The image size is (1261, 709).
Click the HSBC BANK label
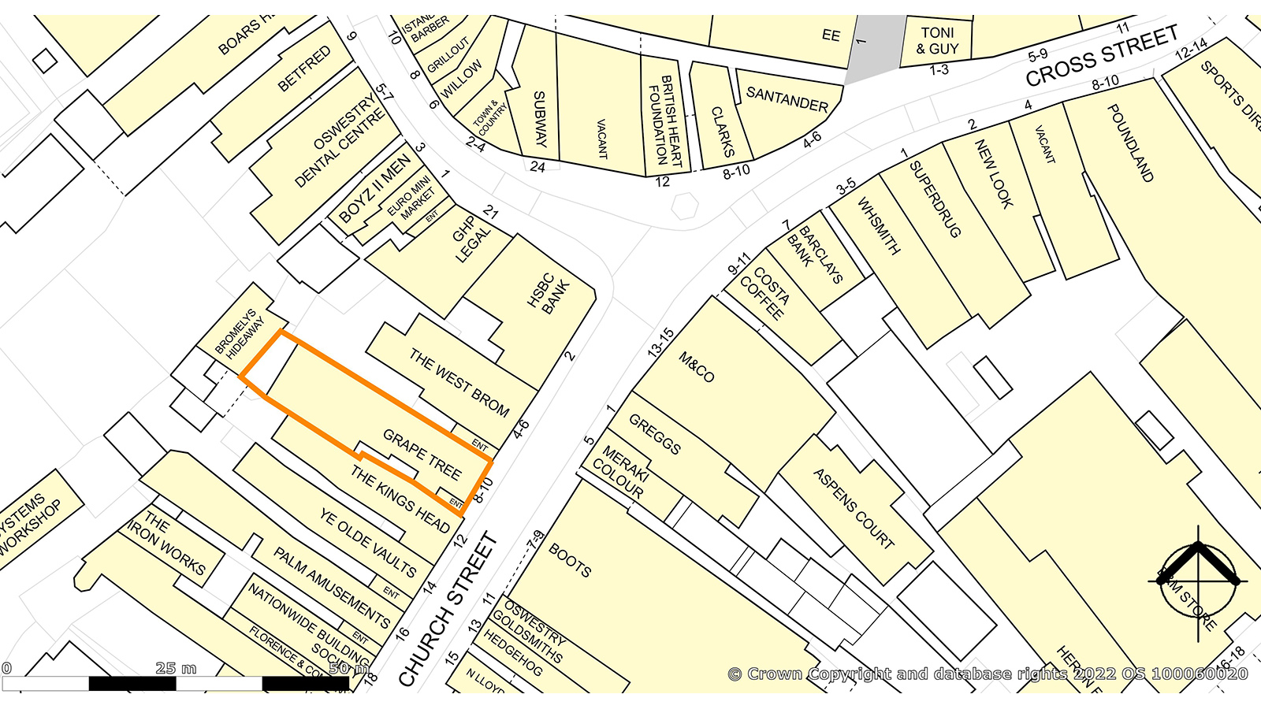[549, 294]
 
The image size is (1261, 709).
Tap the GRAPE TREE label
[422, 455]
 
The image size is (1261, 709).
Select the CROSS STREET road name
[1102, 55]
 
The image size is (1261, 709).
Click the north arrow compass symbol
[1198, 581]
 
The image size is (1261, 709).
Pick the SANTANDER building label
[787, 100]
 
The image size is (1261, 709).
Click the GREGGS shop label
[655, 434]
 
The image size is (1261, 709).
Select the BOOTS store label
[570, 560]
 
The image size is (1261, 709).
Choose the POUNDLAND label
[1130, 143]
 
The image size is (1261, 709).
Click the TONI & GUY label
[937, 41]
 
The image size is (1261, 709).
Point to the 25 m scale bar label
[175, 668]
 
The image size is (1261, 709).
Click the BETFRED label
[304, 69]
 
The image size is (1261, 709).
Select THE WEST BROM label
[459, 383]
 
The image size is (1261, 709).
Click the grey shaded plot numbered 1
[873, 43]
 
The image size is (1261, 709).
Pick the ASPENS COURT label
[854, 508]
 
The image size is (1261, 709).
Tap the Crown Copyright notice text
[988, 674]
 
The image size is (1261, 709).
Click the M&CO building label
[696, 368]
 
